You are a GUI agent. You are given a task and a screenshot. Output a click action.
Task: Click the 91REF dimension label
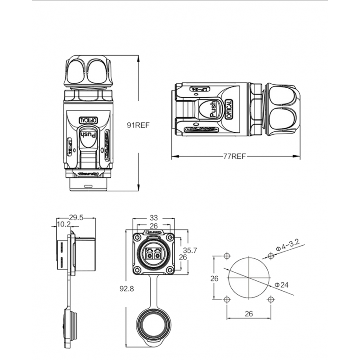point(139,126)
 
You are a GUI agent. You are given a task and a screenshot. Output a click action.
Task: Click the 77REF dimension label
point(234,157)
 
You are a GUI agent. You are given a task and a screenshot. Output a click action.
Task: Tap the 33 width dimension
point(153,217)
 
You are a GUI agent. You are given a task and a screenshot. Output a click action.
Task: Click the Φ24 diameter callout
point(281,285)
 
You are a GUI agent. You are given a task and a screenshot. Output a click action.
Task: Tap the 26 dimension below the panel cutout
point(248,314)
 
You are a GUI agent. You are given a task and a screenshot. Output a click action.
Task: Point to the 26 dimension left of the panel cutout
point(215,278)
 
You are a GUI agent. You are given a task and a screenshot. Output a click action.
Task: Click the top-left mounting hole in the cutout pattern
point(227,256)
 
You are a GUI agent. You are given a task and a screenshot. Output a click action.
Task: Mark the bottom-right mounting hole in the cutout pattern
point(270,300)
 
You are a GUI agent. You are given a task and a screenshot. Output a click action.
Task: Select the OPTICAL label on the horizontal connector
point(229,109)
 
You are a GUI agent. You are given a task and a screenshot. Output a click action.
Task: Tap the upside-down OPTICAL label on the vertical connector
point(89,120)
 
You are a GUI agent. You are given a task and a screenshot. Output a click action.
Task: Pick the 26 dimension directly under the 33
point(153,225)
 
